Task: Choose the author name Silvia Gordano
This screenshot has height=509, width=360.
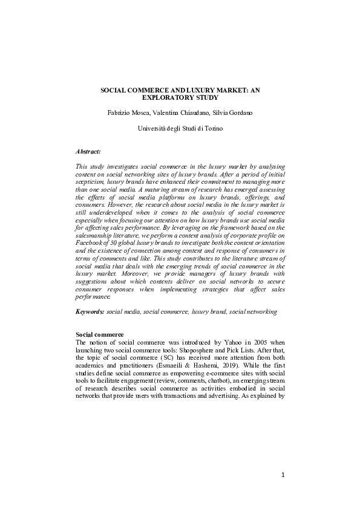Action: coord(232,113)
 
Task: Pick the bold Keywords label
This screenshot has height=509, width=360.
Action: coord(90,311)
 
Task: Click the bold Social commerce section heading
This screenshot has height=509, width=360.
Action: coord(99,334)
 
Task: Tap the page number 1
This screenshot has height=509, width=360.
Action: coord(283,476)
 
